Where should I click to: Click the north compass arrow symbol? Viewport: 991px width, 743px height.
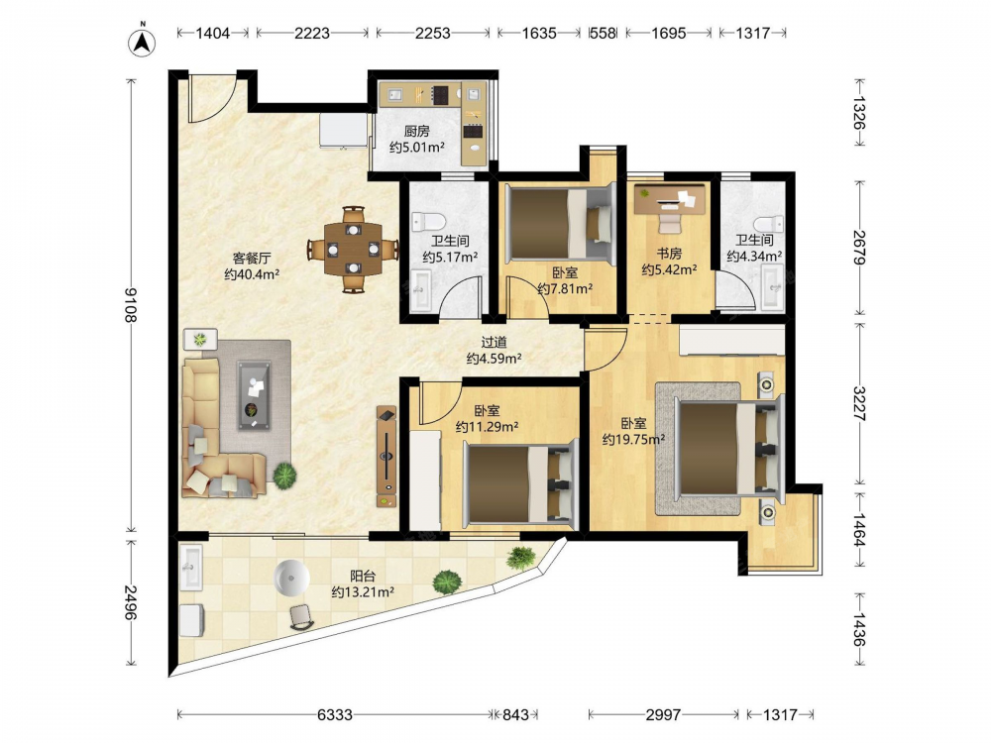[143, 41]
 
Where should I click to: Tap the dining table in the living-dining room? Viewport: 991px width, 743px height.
[354, 249]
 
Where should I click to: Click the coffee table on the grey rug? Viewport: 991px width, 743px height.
[254, 395]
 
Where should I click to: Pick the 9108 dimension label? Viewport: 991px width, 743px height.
[130, 305]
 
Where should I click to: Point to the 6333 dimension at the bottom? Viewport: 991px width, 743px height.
[334, 714]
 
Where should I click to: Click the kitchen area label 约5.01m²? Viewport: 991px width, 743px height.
[416, 148]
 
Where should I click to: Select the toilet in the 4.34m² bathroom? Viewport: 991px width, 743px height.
[769, 224]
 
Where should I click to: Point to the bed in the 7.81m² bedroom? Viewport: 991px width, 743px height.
[561, 224]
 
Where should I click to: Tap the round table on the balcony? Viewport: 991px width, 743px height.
[292, 578]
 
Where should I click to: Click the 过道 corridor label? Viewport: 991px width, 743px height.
[494, 343]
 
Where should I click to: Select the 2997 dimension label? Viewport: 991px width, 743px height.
[663, 714]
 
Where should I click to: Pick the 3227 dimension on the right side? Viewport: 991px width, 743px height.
[859, 404]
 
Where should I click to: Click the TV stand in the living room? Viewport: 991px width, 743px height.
[386, 456]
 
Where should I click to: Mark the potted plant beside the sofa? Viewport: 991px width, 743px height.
[285, 476]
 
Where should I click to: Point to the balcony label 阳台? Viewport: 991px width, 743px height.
[363, 577]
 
